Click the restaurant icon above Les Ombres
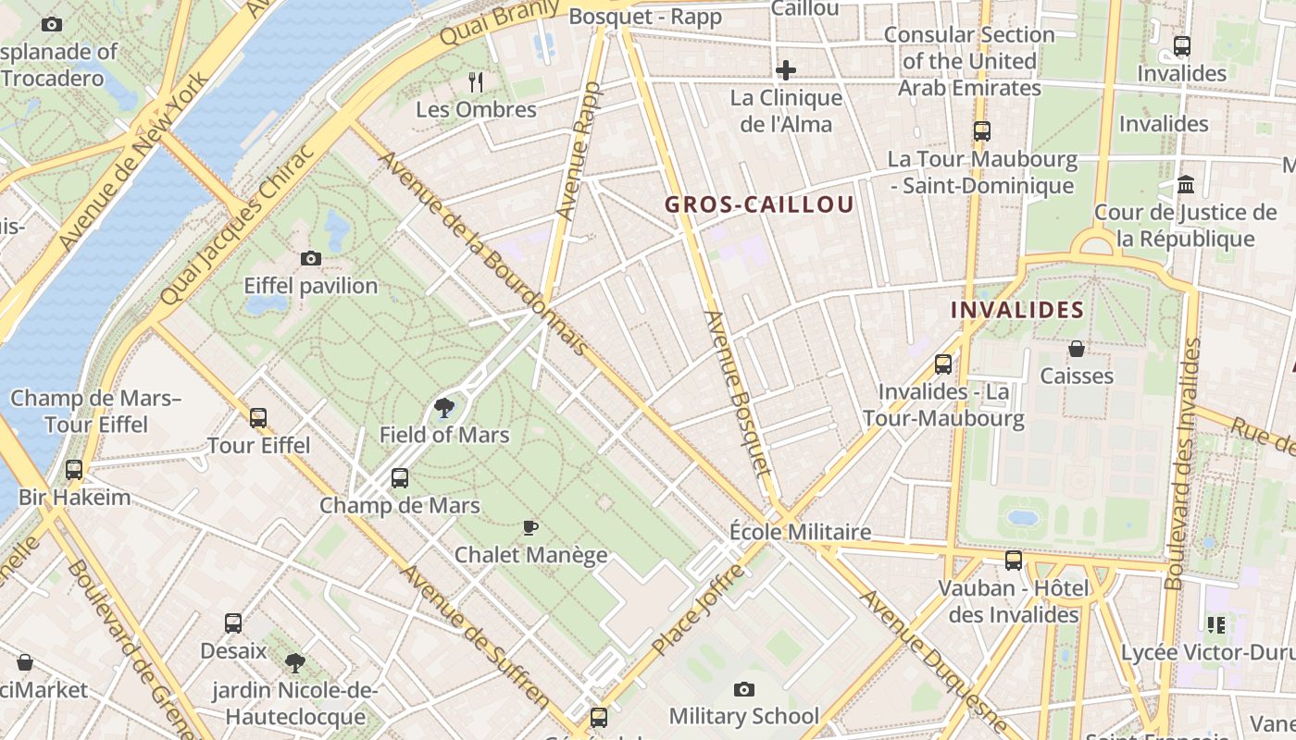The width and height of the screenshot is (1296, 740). pos(476,82)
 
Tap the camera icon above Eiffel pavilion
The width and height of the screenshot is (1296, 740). pos(311,259)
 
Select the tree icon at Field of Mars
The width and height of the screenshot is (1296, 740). pos(444,407)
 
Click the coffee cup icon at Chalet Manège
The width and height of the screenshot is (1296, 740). pos(530,528)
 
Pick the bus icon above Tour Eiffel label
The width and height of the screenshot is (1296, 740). pos(258,418)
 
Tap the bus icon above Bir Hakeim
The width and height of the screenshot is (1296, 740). pos(74,470)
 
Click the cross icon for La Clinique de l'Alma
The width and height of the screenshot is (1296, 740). pos(786,70)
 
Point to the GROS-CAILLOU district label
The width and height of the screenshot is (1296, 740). pos(759,205)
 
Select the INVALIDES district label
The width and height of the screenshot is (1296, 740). pos(1017,310)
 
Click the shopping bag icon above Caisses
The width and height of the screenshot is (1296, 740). pos(1077,349)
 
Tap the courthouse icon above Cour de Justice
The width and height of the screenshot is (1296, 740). pos(1186,185)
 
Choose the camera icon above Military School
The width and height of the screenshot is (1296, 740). pos(743,689)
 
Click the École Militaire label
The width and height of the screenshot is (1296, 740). pos(800,532)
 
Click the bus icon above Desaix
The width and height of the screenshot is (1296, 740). pos(233,623)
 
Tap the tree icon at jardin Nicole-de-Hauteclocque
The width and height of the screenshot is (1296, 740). pos(295,662)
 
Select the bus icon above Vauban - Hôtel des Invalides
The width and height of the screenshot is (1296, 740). pos(1014,561)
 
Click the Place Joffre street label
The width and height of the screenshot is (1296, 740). pos(697,610)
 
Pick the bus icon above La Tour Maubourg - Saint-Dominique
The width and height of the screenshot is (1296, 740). pos(981,131)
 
